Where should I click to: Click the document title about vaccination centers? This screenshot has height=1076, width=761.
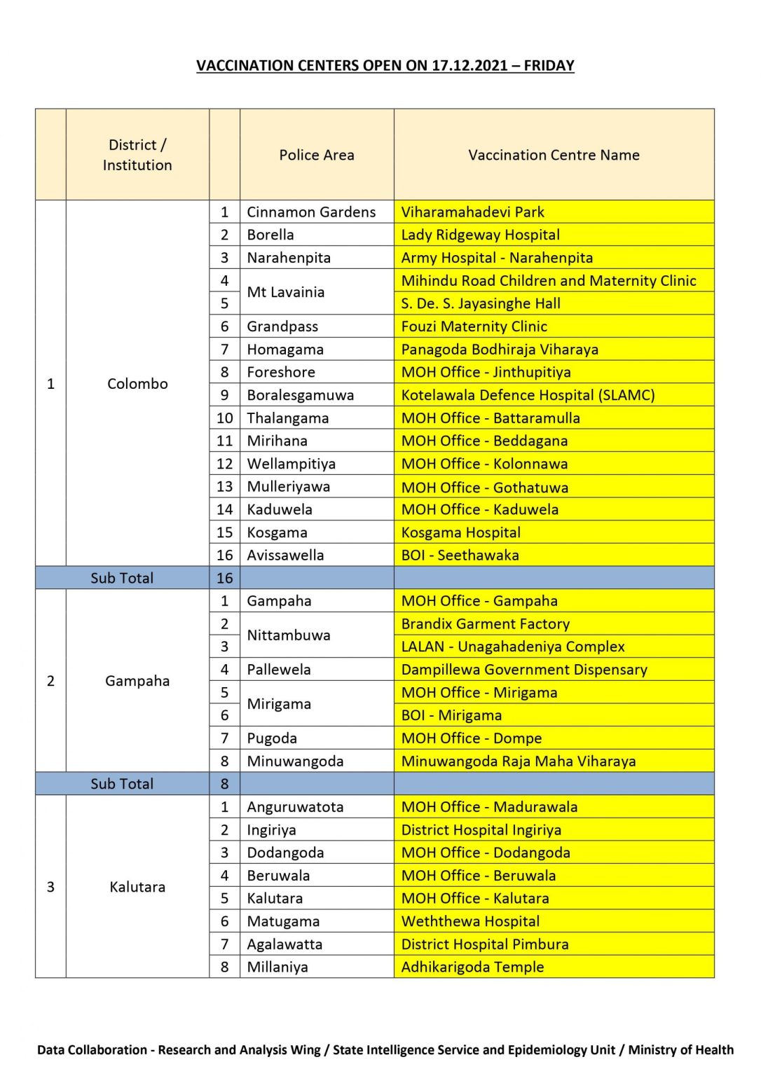click(x=385, y=66)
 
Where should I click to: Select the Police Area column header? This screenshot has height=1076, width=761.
click(x=317, y=155)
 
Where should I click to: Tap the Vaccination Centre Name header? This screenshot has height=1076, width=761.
click(x=554, y=155)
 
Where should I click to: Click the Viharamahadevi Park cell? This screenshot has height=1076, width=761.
click(x=472, y=212)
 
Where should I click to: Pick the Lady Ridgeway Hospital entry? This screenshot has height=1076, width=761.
click(x=480, y=235)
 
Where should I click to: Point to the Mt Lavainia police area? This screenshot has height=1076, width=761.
click(x=285, y=292)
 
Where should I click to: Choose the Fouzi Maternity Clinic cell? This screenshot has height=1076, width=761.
click(x=474, y=326)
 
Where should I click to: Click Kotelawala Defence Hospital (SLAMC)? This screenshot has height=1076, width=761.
click(x=528, y=395)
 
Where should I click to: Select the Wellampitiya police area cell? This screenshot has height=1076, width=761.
click(x=291, y=464)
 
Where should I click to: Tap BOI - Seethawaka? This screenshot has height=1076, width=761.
click(x=460, y=556)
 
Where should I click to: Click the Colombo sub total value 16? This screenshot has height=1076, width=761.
click(x=224, y=578)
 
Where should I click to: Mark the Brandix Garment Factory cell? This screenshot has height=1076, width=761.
click(x=485, y=623)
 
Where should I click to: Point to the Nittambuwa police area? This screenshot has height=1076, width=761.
click(x=289, y=635)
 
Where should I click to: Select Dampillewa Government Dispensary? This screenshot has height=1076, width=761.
click(x=524, y=670)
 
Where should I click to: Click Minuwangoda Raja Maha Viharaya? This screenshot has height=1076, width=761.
click(x=519, y=761)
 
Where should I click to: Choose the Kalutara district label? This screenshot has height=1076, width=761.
click(x=137, y=887)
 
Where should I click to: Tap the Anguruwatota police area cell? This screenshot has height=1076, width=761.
click(x=295, y=807)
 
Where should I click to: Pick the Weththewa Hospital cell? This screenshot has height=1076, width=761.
click(x=470, y=921)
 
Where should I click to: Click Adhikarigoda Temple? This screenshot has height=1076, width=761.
click(x=472, y=967)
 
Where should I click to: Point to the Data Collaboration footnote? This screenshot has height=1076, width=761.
click(x=385, y=1049)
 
